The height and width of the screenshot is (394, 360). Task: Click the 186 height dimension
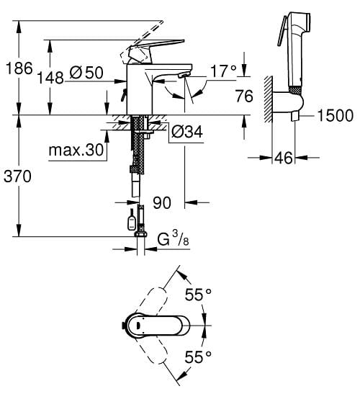click(19, 68)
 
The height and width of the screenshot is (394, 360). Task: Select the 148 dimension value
click(50, 77)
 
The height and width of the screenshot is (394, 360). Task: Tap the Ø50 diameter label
click(86, 73)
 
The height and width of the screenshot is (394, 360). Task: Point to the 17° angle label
click(223, 71)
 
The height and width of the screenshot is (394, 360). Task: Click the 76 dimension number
click(244, 97)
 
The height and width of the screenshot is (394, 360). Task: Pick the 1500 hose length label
click(335, 115)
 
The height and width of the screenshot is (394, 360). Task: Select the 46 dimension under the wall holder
click(284, 158)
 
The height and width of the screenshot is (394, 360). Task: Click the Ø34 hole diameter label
click(187, 132)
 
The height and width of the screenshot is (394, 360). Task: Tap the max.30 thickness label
click(76, 150)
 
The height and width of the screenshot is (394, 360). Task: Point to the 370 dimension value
click(17, 176)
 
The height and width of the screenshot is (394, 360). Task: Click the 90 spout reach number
click(162, 202)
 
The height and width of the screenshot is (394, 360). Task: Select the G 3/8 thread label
click(173, 238)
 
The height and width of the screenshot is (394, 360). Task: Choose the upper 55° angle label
click(198, 295)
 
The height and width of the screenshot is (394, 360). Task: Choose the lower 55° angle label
click(198, 357)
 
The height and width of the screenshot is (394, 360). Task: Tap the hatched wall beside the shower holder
click(268, 99)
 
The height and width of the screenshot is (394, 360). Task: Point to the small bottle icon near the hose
click(132, 220)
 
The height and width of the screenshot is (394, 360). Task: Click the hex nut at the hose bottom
click(141, 234)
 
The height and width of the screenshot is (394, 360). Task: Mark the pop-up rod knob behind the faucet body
click(124, 95)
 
